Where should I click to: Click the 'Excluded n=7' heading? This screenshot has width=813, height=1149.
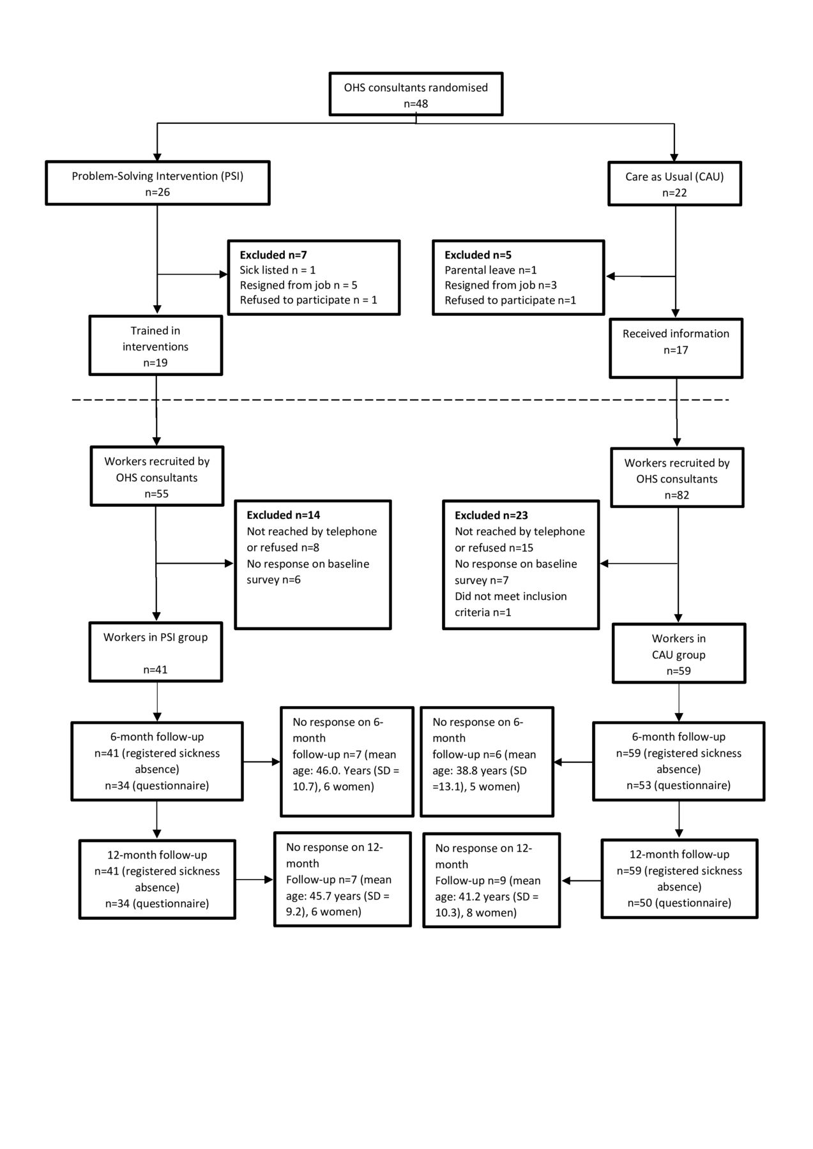click(x=273, y=255)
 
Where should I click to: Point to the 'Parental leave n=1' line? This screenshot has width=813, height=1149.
click(x=490, y=270)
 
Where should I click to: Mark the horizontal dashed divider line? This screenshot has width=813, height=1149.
click(x=400, y=400)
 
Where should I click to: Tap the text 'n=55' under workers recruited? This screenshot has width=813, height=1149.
click(x=156, y=493)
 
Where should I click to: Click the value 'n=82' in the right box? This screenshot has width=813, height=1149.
click(x=677, y=495)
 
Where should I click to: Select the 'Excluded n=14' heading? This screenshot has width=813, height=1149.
click(x=284, y=515)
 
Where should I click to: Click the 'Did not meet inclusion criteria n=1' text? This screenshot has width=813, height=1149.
click(x=511, y=605)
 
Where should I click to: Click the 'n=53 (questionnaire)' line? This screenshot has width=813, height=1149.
click(x=678, y=785)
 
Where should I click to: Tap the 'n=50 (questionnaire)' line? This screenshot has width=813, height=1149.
click(x=679, y=903)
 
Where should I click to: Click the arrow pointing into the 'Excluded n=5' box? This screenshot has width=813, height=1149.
click(x=640, y=276)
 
